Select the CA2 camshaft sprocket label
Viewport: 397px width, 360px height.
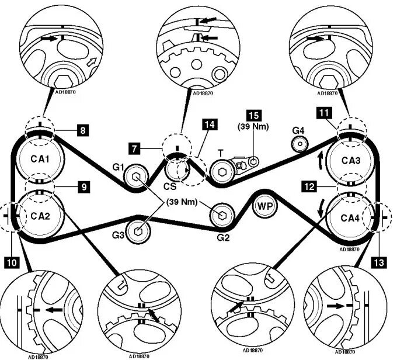coord(40,216)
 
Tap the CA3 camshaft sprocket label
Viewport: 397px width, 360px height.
coord(349,161)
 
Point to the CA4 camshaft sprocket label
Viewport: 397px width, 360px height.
coord(349,218)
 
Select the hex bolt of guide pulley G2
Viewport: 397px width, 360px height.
coord(222,215)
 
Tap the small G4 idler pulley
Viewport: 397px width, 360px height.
coord(300,141)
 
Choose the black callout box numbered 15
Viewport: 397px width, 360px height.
coord(252,115)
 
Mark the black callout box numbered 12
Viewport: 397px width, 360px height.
coord(310,186)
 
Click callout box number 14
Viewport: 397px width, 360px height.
coord(209,124)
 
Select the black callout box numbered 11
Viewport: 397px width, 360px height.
coord(323,111)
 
